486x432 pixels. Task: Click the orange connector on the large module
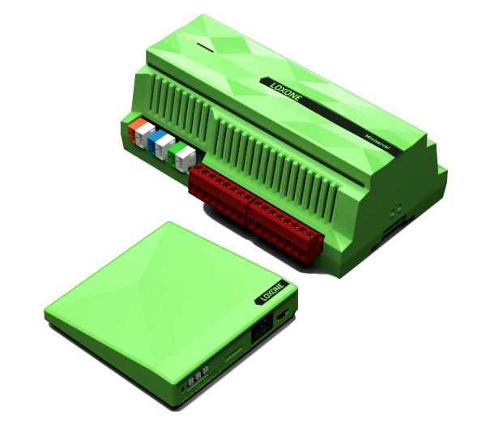[140, 129]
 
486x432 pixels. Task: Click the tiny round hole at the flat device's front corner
[184, 388]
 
